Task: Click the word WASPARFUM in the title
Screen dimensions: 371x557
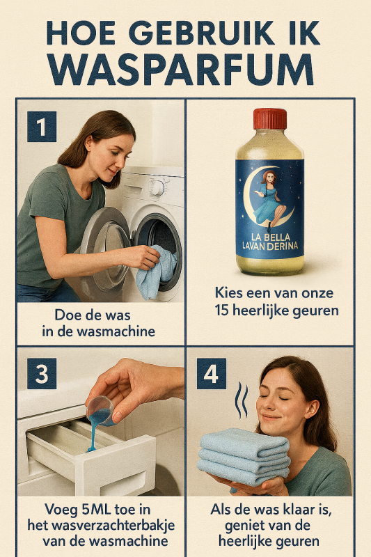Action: tap(180, 70)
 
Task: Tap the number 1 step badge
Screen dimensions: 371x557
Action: tap(42, 127)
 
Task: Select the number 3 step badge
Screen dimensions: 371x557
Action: tap(42, 373)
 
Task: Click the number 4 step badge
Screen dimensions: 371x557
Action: tap(212, 373)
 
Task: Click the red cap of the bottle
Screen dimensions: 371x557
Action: tap(270, 119)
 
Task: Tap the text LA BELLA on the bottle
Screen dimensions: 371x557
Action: tap(271, 237)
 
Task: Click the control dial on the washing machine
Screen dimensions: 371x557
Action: tap(157, 188)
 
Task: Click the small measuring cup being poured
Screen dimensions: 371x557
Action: tap(100, 411)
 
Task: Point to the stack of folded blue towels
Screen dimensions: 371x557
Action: tap(244, 457)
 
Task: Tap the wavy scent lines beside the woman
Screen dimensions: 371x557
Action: tap(242, 400)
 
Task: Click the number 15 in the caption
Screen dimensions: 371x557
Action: tap(222, 311)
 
